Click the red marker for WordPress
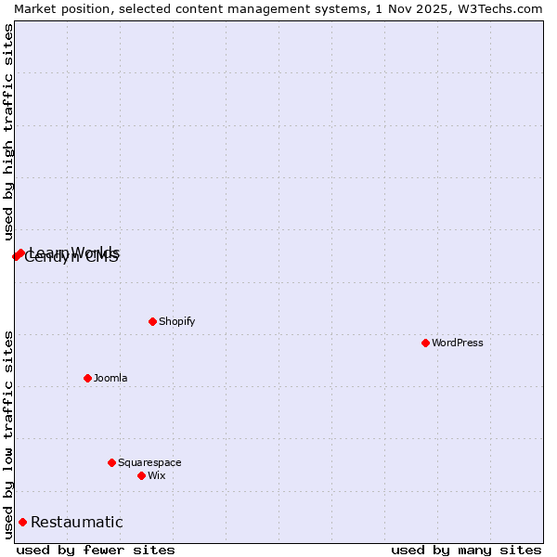[x=425, y=343]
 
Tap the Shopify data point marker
[x=152, y=321]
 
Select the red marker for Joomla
[x=87, y=378]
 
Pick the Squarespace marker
[x=111, y=462]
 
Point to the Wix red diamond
[x=141, y=475]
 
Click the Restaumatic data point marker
[x=22, y=522]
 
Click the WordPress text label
[x=458, y=343]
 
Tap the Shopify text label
[x=176, y=321]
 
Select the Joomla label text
[x=110, y=378]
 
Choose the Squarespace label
[x=149, y=462]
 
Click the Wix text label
[x=156, y=475]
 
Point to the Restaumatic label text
[x=76, y=522]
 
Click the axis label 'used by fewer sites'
[x=96, y=550]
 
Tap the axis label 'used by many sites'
[x=466, y=550]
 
